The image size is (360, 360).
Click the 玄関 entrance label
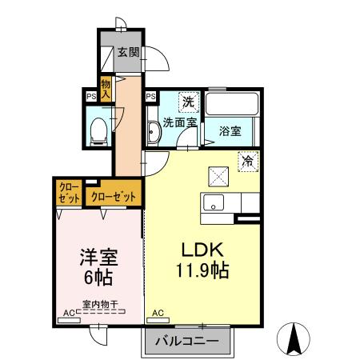click(128, 54)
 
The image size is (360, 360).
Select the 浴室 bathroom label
click(230, 131)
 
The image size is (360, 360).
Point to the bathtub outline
click(230, 106)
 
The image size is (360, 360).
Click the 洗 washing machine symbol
click(188, 102)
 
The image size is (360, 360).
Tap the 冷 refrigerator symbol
click(249, 161)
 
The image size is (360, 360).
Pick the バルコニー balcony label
click(186, 340)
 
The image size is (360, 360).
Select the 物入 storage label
click(106, 89)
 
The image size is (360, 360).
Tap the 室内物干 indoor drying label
click(100, 303)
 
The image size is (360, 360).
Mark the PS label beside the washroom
click(150, 97)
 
